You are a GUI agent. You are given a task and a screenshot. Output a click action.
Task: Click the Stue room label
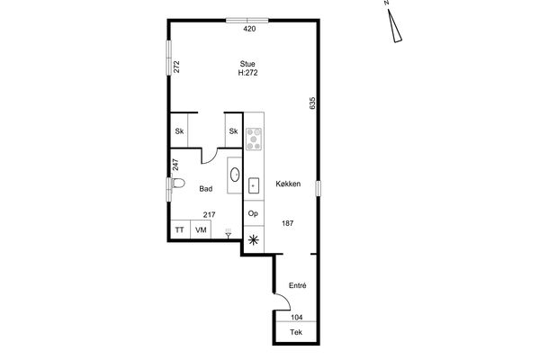247,64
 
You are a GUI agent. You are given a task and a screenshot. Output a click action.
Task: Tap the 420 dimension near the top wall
249,29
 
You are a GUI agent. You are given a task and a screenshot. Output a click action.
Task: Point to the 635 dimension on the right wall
312,103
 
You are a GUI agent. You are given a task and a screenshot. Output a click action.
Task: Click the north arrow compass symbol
394,26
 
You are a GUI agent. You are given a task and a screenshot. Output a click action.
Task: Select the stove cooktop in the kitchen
254,139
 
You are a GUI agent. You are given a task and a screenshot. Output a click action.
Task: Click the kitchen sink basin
254,185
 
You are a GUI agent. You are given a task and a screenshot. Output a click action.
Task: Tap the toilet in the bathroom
177,183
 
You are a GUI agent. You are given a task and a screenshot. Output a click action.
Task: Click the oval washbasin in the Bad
235,175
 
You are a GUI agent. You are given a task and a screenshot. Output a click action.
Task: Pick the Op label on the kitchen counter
253,213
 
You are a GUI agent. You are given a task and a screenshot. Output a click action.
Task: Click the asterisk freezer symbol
254,239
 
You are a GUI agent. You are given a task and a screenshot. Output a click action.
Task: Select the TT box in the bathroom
180,229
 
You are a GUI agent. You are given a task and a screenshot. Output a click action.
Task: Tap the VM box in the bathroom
201,229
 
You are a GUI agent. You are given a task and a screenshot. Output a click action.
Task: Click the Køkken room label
288,184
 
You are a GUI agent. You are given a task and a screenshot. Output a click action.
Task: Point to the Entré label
298,285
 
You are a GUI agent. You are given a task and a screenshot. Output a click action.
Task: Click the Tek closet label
296,332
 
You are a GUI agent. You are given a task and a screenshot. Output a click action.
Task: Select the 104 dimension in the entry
296,318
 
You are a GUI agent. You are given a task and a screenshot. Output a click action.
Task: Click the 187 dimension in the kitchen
288,223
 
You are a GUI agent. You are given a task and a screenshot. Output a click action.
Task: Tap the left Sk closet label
179,131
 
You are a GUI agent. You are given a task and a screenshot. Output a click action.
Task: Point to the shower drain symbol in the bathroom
228,234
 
